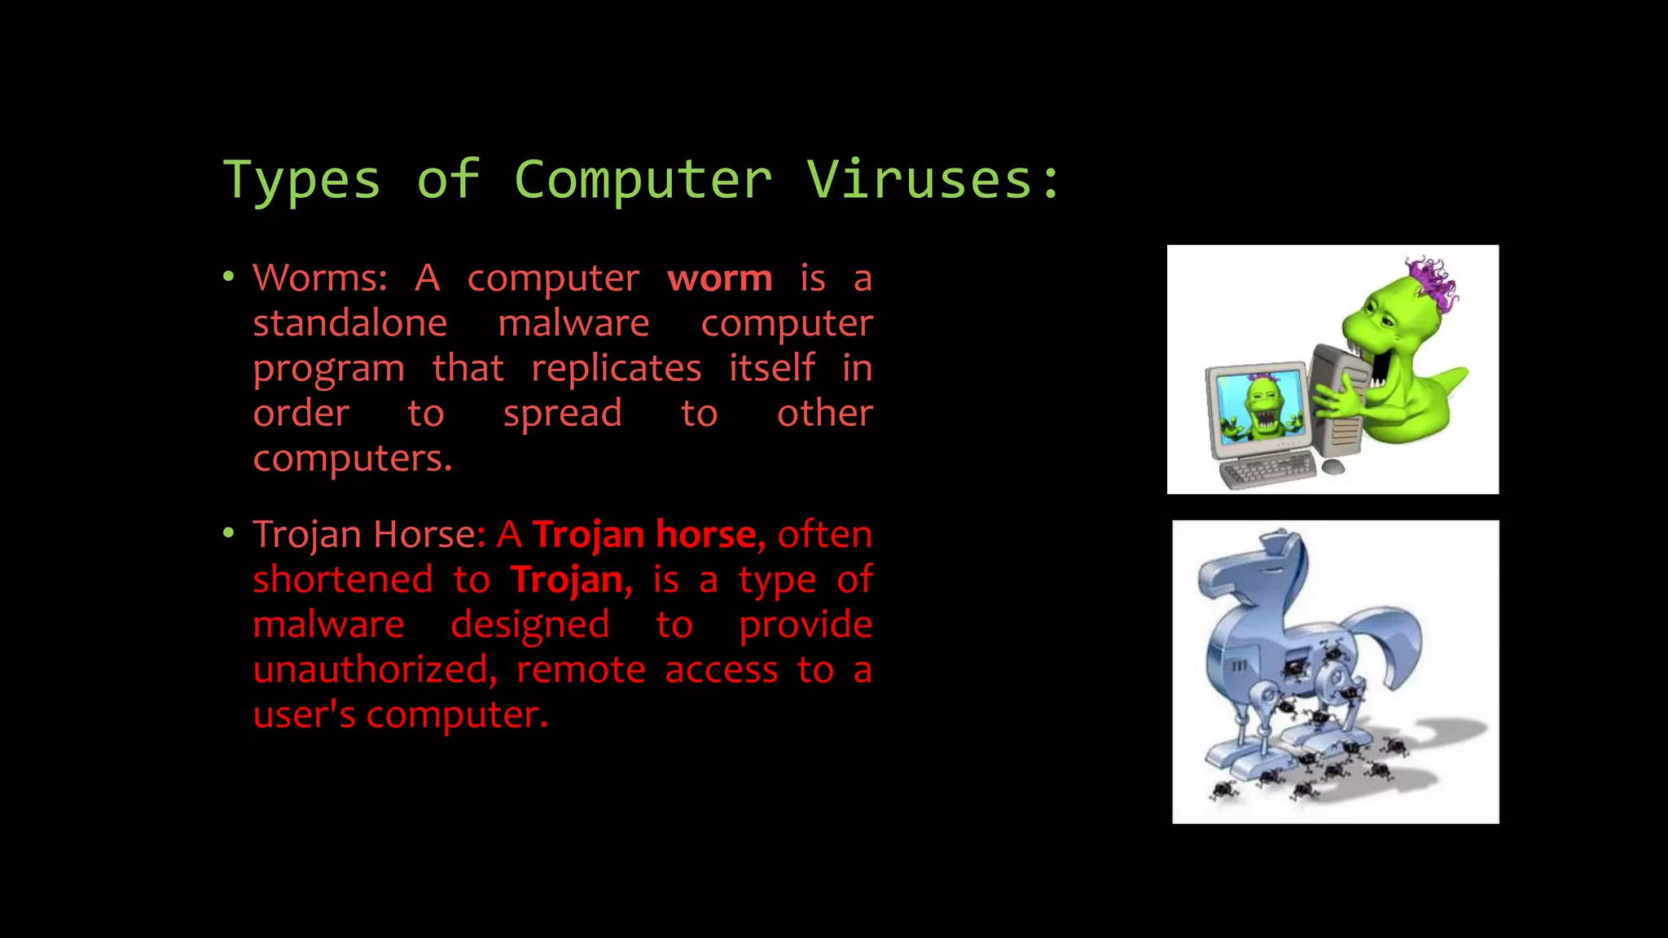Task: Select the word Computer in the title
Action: pos(643,181)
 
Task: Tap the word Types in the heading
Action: pos(302,181)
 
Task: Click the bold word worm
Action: pos(720,278)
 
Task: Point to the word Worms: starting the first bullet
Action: pos(320,278)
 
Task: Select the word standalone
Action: pos(350,323)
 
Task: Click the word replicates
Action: pos(617,369)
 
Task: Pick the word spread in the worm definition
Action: pos(563,414)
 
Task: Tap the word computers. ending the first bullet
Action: pos(352,458)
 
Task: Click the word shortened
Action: pos(343,580)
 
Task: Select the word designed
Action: pos(530,625)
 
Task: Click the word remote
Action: pos(582,669)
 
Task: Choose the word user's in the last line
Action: pos(304,715)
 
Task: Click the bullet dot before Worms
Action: pos(229,277)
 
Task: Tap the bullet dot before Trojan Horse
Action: pos(229,533)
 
